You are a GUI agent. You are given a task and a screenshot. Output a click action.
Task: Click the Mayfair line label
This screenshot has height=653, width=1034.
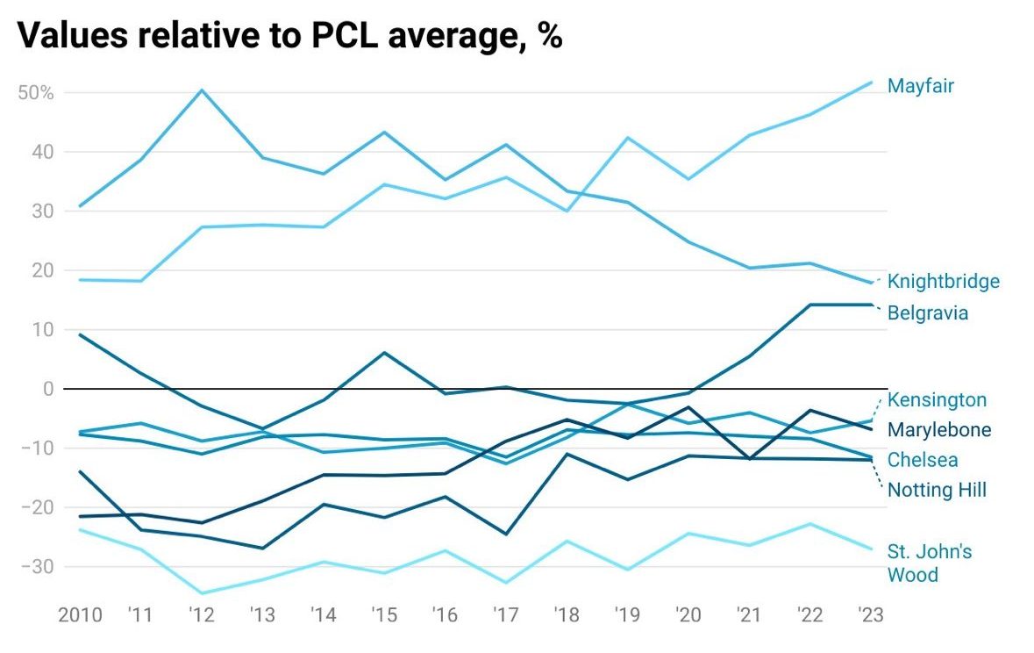920,86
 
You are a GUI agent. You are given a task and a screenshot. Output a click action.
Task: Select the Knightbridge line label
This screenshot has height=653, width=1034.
943,282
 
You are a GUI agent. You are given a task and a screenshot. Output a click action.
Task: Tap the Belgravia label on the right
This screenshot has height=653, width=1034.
928,312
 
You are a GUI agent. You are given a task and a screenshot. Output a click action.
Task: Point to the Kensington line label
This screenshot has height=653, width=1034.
937,400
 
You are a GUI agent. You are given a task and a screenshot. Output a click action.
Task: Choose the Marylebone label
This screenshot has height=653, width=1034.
939,430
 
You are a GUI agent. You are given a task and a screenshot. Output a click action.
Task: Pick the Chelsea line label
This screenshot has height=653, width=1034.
923,460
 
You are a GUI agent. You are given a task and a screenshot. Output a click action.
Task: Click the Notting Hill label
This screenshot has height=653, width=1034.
937,490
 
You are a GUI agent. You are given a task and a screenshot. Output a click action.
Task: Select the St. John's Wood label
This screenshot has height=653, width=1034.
930,563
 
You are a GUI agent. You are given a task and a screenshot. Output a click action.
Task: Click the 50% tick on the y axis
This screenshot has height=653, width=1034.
35,93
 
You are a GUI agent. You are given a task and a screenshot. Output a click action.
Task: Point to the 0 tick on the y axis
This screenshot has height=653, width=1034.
47,389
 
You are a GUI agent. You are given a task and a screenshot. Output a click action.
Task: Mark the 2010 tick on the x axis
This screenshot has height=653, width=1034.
80,614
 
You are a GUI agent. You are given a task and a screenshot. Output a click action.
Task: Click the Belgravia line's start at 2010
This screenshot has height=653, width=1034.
80,334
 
